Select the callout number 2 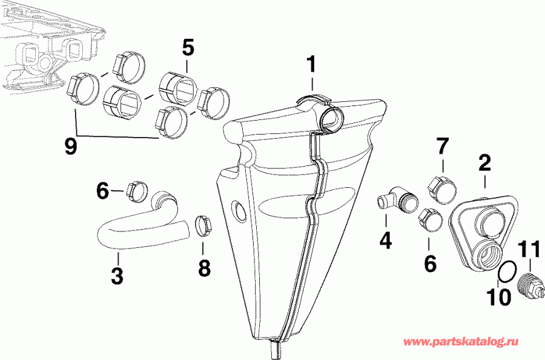[484, 162]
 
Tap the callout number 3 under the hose [117, 276]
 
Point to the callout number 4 [385, 240]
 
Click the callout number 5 [188, 47]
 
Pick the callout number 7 [443, 147]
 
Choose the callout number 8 [205, 267]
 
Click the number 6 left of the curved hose [102, 191]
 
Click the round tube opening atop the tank [332, 119]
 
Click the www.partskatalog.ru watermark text [469, 343]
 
